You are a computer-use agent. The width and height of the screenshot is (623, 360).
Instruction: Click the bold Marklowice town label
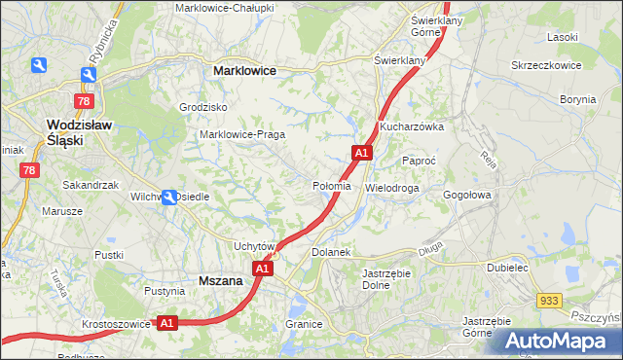pyautogui.click(x=244, y=71)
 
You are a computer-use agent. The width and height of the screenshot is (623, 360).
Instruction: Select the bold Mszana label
pyautogui.click(x=220, y=280)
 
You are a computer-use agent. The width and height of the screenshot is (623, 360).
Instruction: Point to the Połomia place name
pyautogui.click(x=331, y=186)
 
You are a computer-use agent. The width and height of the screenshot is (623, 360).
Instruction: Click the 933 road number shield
pyautogui.click(x=548, y=302)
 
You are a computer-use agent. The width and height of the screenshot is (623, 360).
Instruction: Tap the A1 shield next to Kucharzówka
pyautogui.click(x=361, y=153)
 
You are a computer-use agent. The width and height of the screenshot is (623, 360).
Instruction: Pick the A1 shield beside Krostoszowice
pyautogui.click(x=165, y=322)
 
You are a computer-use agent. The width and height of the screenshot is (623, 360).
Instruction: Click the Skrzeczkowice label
pyautogui.click(x=546, y=65)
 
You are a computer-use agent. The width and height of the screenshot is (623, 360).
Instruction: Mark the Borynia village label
pyautogui.click(x=577, y=99)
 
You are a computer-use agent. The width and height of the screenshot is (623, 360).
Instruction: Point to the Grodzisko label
pyautogui.click(x=203, y=107)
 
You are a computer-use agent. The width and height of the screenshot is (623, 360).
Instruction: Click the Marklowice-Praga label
pyautogui.click(x=241, y=134)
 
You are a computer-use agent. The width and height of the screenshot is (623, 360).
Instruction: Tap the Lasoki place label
pyautogui.click(x=563, y=37)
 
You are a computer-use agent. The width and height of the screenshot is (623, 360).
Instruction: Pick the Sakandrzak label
pyautogui.click(x=90, y=184)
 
